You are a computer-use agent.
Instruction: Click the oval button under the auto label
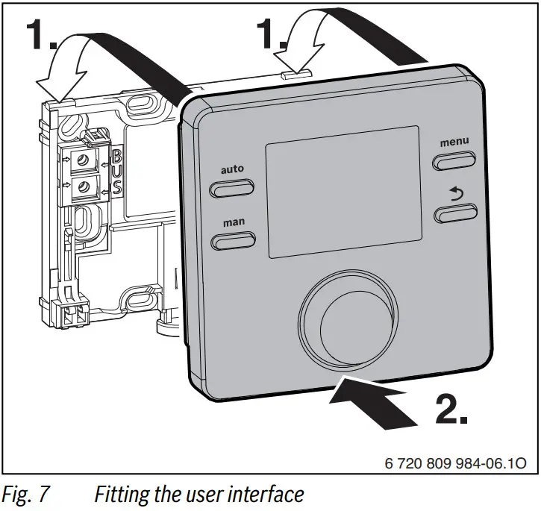coord(232,189)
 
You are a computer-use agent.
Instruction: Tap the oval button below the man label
coord(233,240)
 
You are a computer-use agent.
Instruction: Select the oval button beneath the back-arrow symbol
coord(454,216)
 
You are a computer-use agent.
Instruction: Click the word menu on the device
coord(454,142)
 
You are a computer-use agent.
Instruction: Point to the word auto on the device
coord(232,169)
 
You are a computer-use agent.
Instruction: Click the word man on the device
coord(232,222)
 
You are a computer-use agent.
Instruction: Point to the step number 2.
coord(451,406)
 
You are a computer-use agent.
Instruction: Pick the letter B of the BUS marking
coord(116,157)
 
